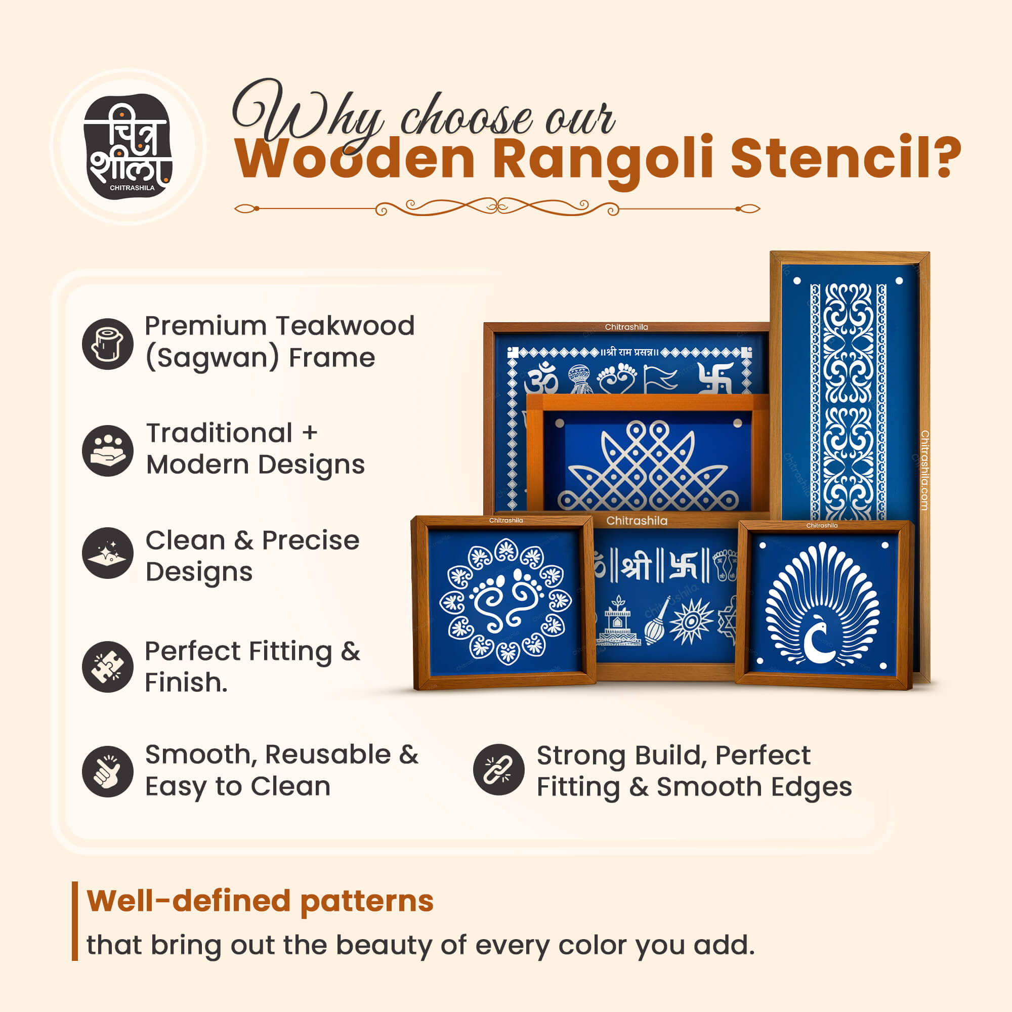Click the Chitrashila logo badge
[x=128, y=147]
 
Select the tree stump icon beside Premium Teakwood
[x=108, y=344]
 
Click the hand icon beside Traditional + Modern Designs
[x=108, y=450]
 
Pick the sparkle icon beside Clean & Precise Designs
[x=108, y=553]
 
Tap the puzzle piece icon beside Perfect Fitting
[x=108, y=667]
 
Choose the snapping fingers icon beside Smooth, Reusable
[x=108, y=772]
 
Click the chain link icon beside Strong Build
[x=499, y=770]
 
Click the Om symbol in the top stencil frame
[x=541, y=378]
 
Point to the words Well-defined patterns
[x=260, y=901]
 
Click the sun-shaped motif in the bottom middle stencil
[x=691, y=621]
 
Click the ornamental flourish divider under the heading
[x=496, y=208]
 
